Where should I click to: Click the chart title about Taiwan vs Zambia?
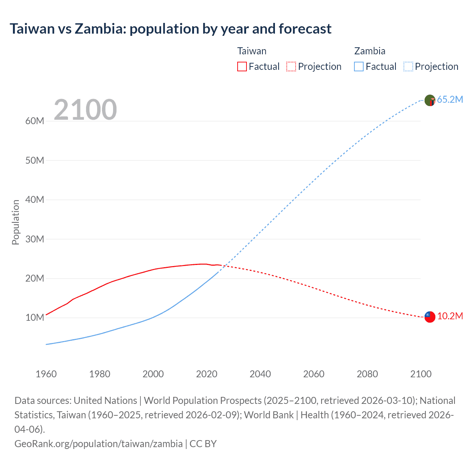tap(170, 29)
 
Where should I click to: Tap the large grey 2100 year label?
tap(85, 110)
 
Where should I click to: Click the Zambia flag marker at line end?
tap(430, 100)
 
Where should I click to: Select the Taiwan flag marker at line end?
tap(430, 317)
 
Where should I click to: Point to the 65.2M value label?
tap(450, 100)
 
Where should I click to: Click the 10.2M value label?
tap(450, 316)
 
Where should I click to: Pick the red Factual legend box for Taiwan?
tap(242, 67)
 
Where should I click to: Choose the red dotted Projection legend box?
tap(291, 67)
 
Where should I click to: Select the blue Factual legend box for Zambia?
tap(359, 67)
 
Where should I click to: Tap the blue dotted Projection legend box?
tap(408, 67)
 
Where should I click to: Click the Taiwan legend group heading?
tap(252, 51)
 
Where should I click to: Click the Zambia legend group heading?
tap(370, 51)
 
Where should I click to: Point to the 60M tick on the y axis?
tap(35, 121)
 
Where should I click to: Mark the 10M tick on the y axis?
tap(35, 318)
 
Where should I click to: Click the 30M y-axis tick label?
tap(35, 239)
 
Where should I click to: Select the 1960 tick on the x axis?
tap(46, 374)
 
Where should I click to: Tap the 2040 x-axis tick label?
tap(260, 374)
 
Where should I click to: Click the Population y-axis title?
tap(16, 222)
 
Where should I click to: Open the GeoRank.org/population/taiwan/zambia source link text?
tap(98, 444)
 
